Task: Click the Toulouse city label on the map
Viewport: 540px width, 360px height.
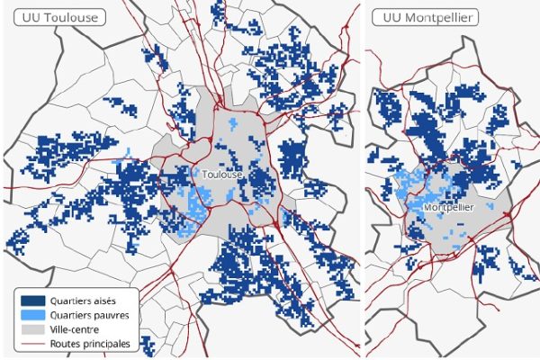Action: tap(222, 174)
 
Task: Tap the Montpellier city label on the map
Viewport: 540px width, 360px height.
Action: tap(448, 207)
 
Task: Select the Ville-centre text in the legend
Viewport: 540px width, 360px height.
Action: tap(77, 330)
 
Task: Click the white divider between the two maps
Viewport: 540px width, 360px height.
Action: tap(363, 180)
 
